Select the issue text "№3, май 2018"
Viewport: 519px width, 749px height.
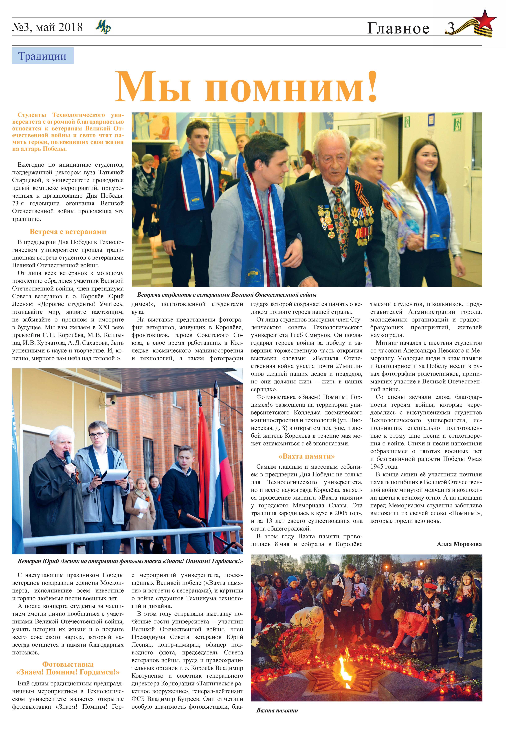coord(47,27)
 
